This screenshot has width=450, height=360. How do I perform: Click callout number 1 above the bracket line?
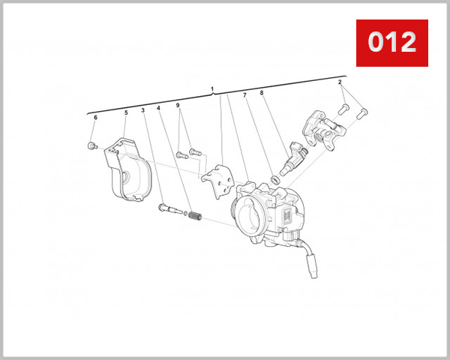click(x=212, y=89)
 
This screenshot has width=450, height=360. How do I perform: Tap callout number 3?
click(x=142, y=111)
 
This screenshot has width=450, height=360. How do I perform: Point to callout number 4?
click(x=159, y=108)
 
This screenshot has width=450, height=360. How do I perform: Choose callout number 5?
click(x=126, y=113)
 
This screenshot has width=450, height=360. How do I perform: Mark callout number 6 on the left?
click(x=95, y=118)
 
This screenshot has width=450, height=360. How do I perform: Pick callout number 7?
click(x=244, y=95)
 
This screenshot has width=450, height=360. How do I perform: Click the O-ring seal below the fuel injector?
click(x=275, y=179)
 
